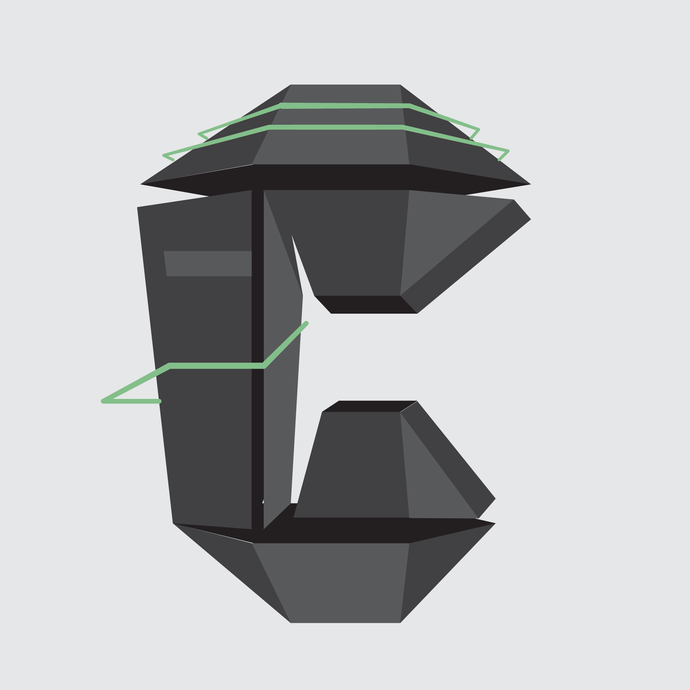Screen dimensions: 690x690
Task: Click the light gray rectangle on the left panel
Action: click(208, 263)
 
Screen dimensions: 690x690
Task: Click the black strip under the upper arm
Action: click(366, 305)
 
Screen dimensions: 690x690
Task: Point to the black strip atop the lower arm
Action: click(370, 406)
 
